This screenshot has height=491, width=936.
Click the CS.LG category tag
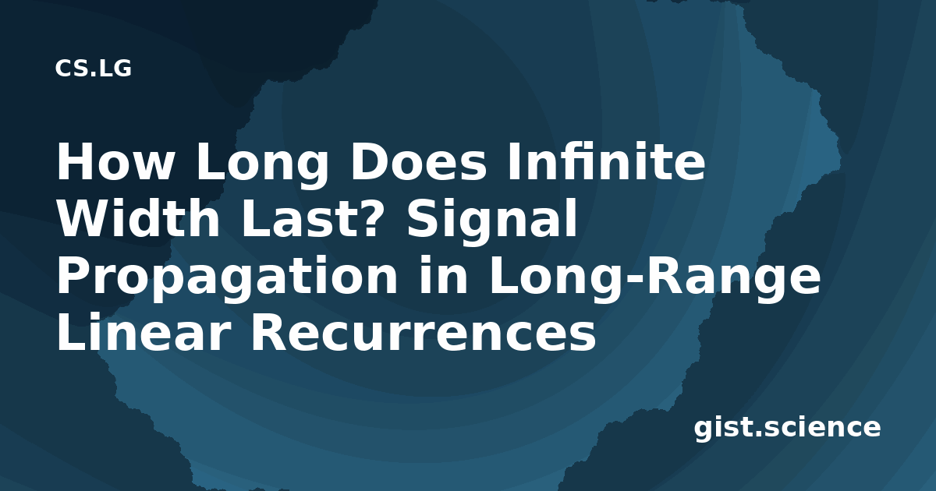click(93, 69)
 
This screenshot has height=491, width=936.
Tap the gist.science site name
click(787, 429)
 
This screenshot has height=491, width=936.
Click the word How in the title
click(115, 161)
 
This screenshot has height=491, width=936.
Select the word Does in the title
click(418, 161)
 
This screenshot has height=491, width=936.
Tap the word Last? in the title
click(310, 218)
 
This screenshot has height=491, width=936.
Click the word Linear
click(144, 331)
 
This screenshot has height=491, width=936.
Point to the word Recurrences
click(423, 332)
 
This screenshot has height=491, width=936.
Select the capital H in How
click(76, 161)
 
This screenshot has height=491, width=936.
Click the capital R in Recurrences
click(270, 331)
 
